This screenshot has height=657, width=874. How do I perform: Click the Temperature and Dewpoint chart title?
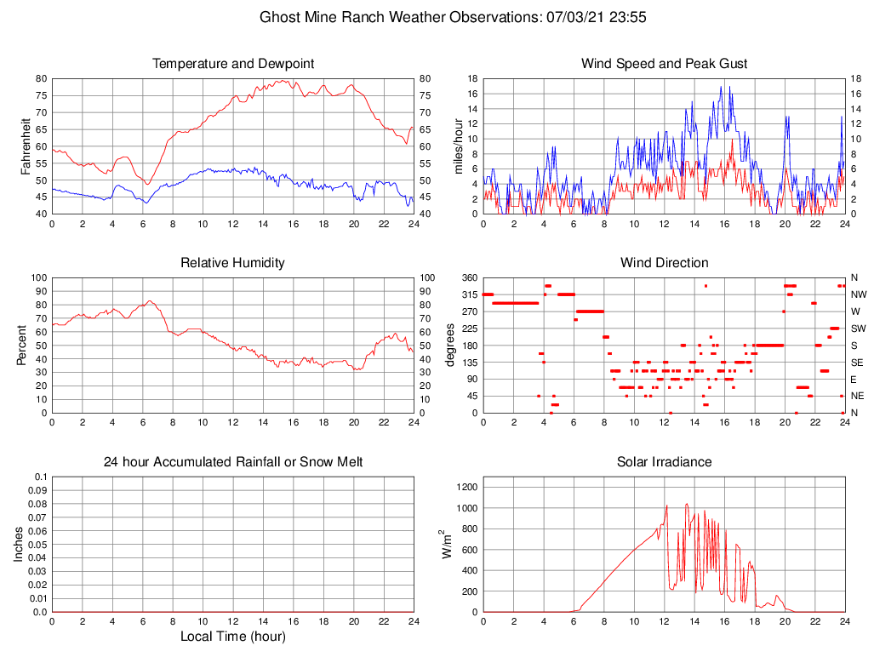[x=233, y=64]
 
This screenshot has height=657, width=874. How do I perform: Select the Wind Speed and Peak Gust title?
[x=665, y=64]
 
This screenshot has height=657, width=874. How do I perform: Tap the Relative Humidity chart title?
[x=233, y=263]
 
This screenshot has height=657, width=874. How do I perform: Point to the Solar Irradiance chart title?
[x=665, y=462]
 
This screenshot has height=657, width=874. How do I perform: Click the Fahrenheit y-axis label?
[x=26, y=146]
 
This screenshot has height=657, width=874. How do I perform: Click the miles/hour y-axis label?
[x=459, y=146]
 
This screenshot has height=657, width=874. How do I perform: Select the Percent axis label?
[x=21, y=345]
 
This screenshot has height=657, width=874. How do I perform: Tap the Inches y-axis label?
[x=20, y=544]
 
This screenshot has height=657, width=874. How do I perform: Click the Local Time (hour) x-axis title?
[x=233, y=637]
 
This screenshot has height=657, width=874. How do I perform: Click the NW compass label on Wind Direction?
[x=858, y=294]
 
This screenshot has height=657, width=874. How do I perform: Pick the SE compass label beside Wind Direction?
[x=857, y=362]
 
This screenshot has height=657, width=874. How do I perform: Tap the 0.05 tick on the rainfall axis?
[x=37, y=545]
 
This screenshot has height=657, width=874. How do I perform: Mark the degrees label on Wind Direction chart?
[x=451, y=345]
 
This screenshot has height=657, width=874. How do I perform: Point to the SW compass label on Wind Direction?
[x=858, y=328]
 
